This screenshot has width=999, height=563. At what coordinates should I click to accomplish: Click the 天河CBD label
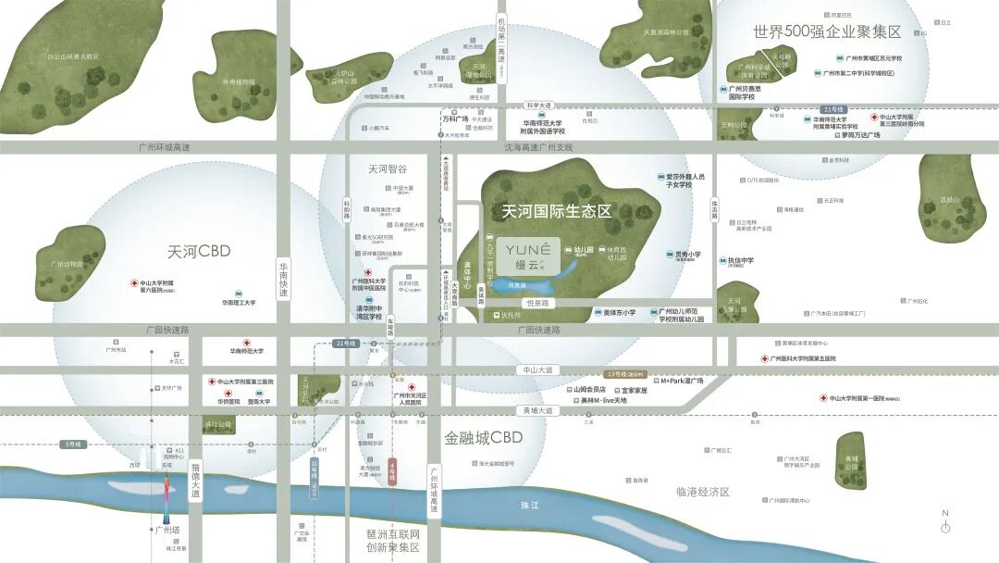tap(199, 251)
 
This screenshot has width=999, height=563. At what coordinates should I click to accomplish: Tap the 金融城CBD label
tap(483, 437)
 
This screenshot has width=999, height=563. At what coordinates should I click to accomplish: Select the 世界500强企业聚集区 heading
tap(826, 31)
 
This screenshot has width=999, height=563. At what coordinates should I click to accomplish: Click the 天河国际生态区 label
tap(556, 211)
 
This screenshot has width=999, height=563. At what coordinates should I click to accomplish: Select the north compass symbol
tap(944, 522)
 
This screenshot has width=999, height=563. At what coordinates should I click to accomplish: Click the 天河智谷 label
tap(388, 169)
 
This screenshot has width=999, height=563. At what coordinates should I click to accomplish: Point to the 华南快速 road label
tap(284, 279)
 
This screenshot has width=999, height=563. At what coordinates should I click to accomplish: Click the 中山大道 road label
tap(536, 369)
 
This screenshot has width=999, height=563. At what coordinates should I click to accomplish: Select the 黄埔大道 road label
tap(536, 409)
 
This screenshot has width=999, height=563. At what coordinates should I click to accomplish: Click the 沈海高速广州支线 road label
tap(538, 147)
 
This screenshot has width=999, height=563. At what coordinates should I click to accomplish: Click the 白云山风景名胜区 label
tap(73, 56)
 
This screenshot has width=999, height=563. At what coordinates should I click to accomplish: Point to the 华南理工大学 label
tap(238, 302)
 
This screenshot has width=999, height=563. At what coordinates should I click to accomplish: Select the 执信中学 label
tap(741, 261)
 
